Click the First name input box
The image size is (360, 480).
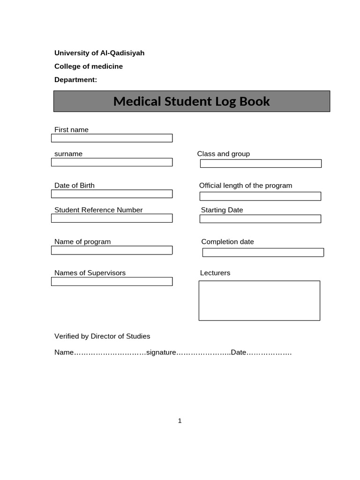[x=112, y=138]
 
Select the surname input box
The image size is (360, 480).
[x=112, y=162]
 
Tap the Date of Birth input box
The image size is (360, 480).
[x=112, y=194]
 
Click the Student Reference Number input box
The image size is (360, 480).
[x=112, y=218]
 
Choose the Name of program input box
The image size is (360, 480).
[x=112, y=250]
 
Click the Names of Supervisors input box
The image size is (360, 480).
[x=112, y=282]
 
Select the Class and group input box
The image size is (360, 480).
[x=261, y=164]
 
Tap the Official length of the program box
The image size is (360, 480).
[x=260, y=196]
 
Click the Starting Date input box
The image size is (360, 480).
[x=260, y=219]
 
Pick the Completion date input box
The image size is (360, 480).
[x=263, y=253]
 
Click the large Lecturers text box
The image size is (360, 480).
[x=259, y=300]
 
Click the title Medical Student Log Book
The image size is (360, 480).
[x=192, y=101]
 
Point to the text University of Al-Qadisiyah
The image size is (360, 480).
[x=99, y=53]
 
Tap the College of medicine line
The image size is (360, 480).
[x=89, y=67]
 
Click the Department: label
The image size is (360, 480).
[x=75, y=80]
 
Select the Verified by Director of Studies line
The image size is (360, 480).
[x=102, y=336]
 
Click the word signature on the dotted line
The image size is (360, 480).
[x=161, y=352]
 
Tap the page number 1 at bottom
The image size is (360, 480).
[x=180, y=421]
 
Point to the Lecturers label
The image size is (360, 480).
[x=215, y=273]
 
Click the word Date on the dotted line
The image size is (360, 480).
[x=239, y=352]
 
